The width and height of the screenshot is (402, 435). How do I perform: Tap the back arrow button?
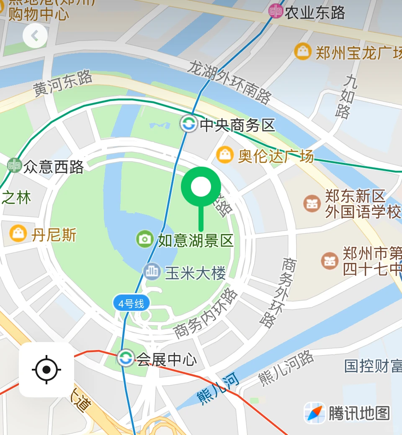(x=35, y=36)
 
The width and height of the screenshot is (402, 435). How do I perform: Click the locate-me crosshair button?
(x=46, y=370)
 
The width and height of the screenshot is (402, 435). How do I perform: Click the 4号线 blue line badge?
(x=131, y=303)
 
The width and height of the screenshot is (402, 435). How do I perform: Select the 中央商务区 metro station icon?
(x=188, y=124)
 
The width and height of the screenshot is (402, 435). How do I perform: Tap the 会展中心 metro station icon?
(x=125, y=358)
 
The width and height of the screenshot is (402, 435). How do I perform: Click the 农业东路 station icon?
(x=276, y=11)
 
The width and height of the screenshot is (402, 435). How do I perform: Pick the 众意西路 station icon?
(x=15, y=165)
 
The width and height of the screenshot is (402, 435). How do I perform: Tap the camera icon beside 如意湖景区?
(x=145, y=239)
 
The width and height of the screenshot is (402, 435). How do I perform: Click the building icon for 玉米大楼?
(x=152, y=272)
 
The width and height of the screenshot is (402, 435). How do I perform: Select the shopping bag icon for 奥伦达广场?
(x=225, y=155)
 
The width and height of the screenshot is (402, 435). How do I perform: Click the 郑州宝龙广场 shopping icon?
(x=302, y=51)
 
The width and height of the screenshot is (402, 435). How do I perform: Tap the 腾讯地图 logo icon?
(x=314, y=412)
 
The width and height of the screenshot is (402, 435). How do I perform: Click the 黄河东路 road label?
(x=63, y=83)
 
